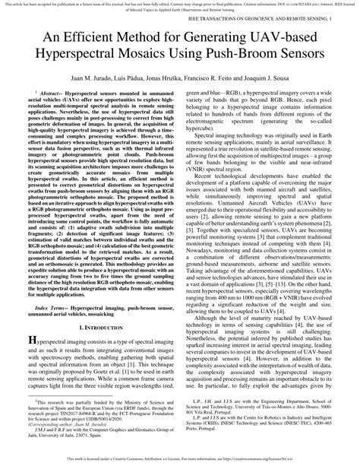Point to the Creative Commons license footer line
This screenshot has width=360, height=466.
pos(180,460)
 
